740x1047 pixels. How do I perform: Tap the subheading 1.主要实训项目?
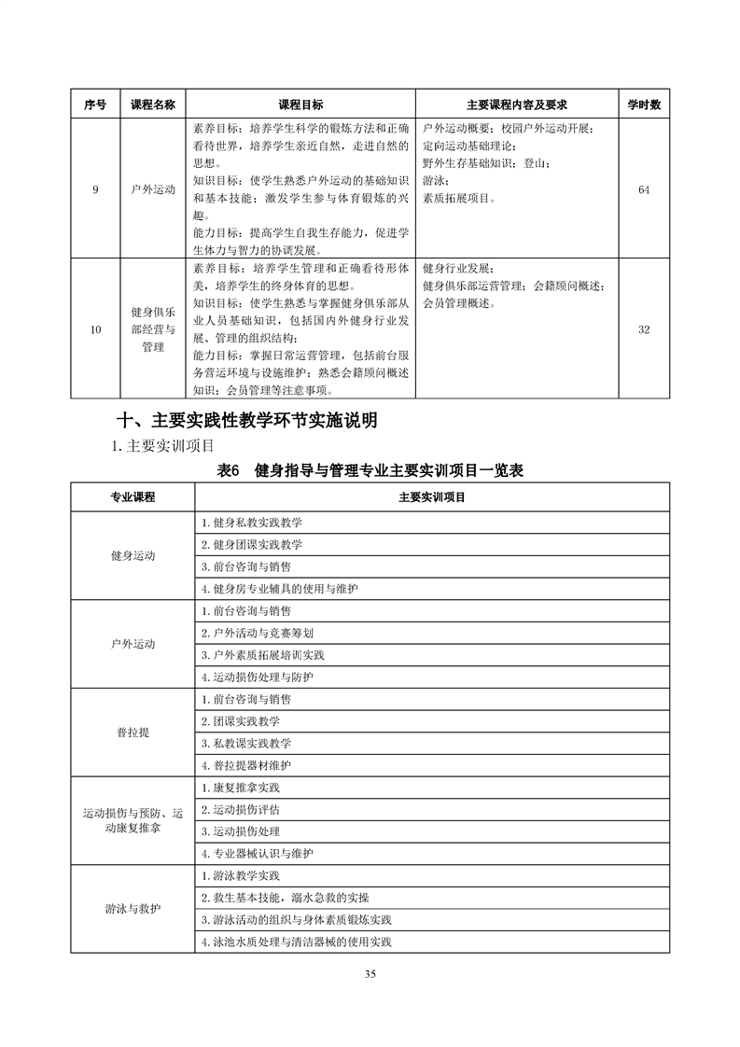pyautogui.click(x=163, y=445)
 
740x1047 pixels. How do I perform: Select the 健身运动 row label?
pyautogui.click(x=133, y=555)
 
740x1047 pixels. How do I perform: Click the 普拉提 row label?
pyautogui.click(x=133, y=732)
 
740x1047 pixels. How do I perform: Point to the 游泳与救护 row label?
pyautogui.click(x=133, y=909)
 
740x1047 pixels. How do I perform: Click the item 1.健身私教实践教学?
pyautogui.click(x=252, y=522)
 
